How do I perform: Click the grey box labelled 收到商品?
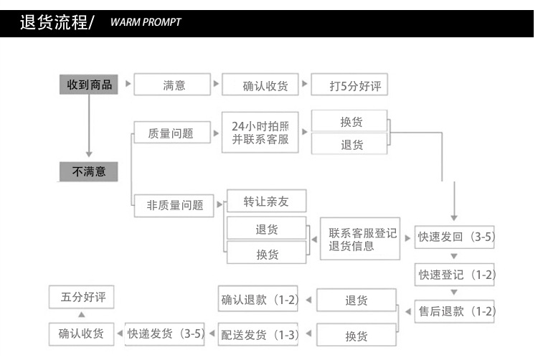89,85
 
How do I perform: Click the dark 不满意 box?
89,171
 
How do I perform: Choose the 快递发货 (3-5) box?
166,333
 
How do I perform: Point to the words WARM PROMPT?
146,22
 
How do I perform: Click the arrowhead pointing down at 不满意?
89,152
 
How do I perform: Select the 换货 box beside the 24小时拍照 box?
351,122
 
